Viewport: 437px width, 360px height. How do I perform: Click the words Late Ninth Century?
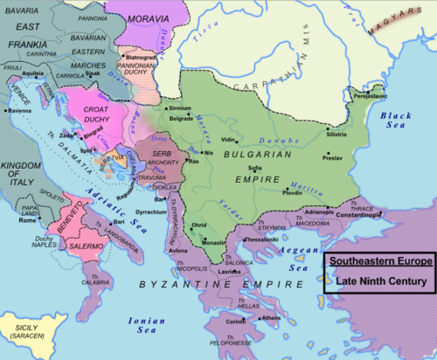tap(378, 281)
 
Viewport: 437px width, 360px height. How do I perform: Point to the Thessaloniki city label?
tap(239, 239)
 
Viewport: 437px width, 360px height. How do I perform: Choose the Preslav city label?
tap(332, 158)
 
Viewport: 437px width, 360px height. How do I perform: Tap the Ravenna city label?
tap(21, 112)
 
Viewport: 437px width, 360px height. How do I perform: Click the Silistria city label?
tap(336, 135)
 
